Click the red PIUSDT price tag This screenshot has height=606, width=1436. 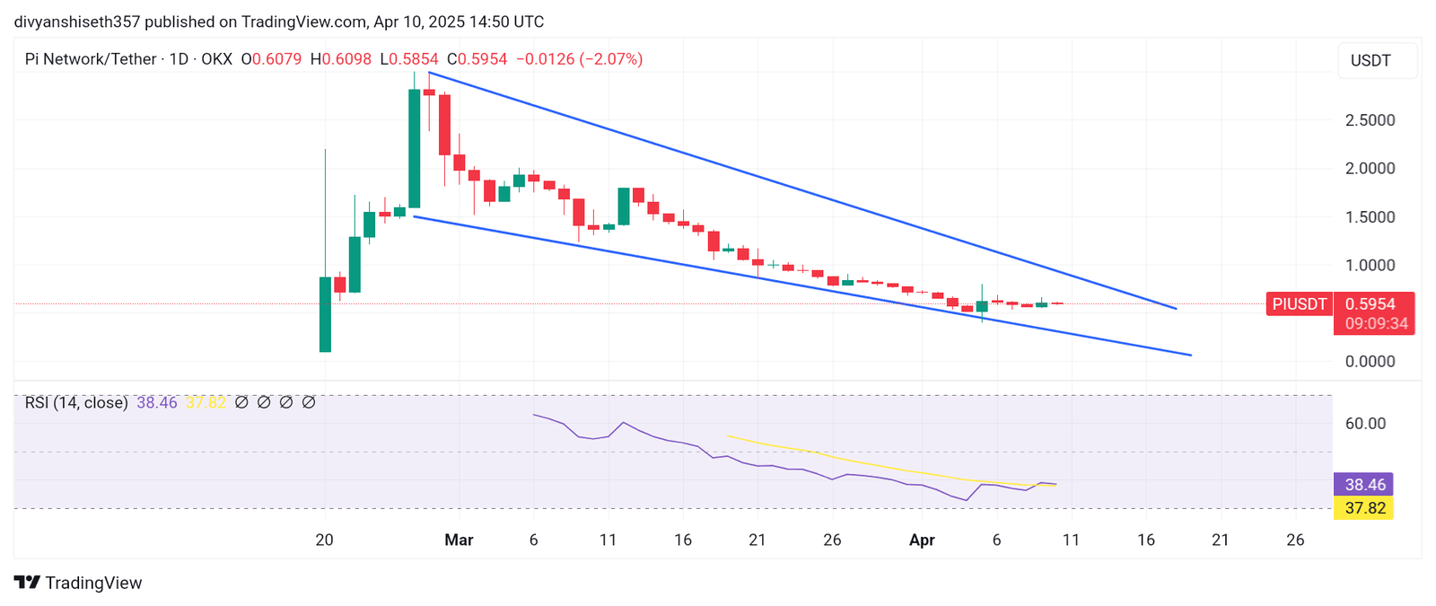[x=1299, y=304]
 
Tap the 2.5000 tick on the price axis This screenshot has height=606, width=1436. [x=1370, y=120]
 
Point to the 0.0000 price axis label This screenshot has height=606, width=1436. [x=1370, y=362]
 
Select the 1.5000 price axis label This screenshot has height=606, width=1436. [x=1370, y=217]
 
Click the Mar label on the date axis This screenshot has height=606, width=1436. [x=459, y=540]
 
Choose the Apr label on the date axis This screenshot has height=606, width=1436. [x=922, y=540]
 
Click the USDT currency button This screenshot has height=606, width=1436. [x=1370, y=60]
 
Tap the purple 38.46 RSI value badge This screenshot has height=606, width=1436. [x=1364, y=485]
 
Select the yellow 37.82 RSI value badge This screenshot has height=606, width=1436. [x=1364, y=508]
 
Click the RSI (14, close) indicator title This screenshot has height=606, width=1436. [x=76, y=403]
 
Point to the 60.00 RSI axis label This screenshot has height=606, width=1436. [x=1365, y=424]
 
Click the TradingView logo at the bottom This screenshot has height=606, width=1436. [x=78, y=583]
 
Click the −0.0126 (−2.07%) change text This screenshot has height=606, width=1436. [x=583, y=59]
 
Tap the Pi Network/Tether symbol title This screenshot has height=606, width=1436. [x=91, y=59]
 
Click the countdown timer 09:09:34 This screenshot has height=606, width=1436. [x=1376, y=323]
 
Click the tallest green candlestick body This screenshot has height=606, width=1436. [x=414, y=148]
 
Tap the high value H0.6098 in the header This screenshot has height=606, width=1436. [x=341, y=59]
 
